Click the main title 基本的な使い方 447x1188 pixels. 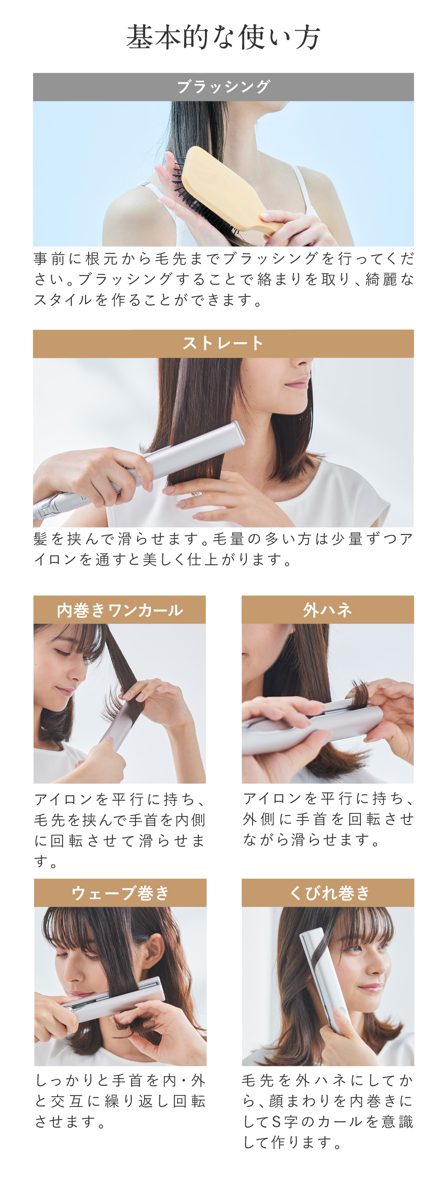point(223,37)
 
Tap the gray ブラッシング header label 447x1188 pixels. point(223,87)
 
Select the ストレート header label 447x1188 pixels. point(223,343)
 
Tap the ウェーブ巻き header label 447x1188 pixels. point(120,893)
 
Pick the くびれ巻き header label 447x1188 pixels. point(328,893)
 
